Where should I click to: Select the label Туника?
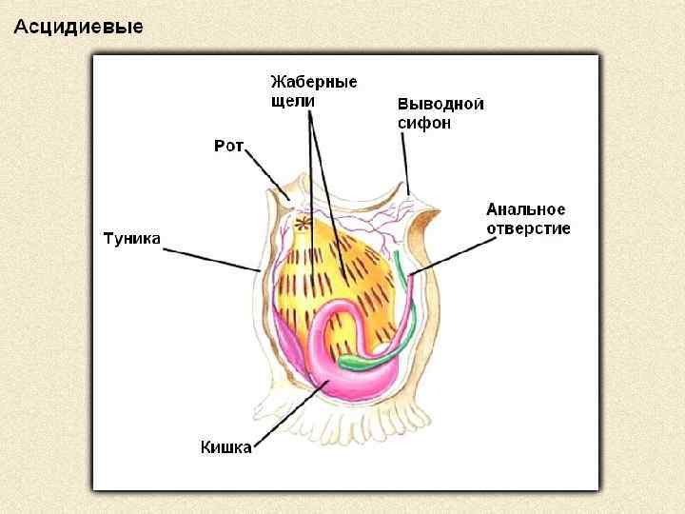pos(131,239)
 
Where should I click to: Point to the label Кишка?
pos(225,446)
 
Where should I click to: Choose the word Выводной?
pos(440,104)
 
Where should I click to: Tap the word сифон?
pos(423,123)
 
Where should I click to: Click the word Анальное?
pos(526,209)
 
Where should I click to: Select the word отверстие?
pos(528,228)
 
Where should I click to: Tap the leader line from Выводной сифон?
pos(405,162)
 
